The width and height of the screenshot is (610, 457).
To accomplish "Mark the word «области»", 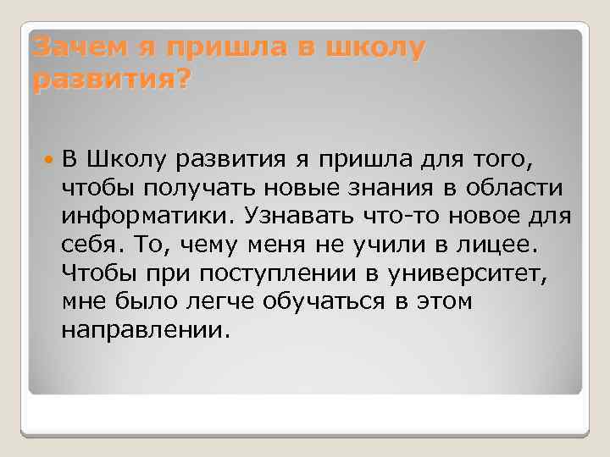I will [x=524, y=186].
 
